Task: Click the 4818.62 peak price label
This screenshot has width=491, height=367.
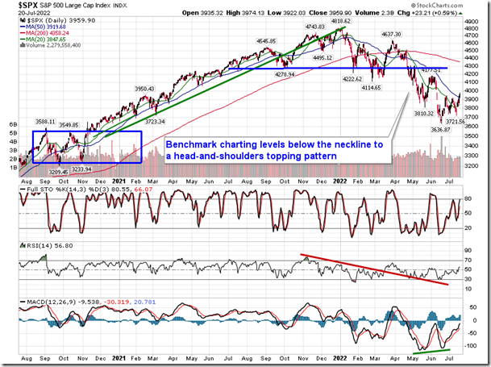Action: tap(334, 23)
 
